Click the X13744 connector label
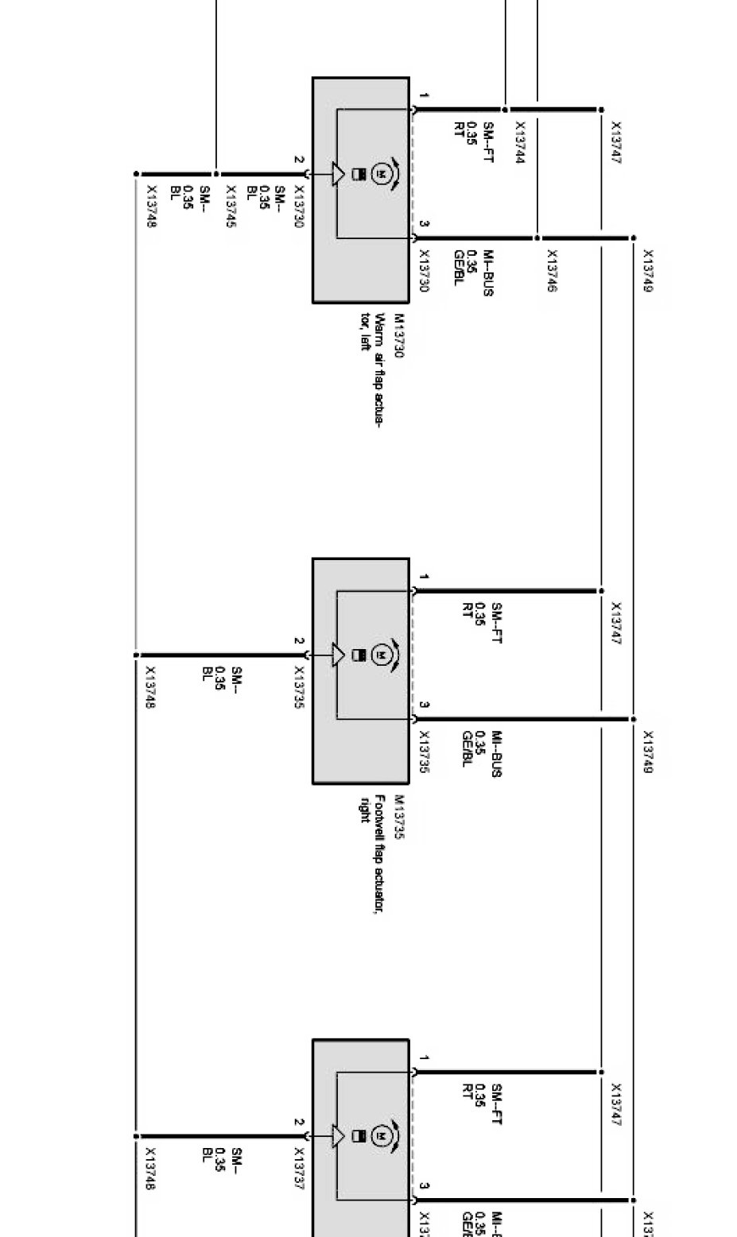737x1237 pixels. click(520, 142)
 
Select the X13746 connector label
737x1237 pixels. click(551, 271)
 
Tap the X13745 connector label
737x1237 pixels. click(231, 207)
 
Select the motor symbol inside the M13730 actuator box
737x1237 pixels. click(381, 173)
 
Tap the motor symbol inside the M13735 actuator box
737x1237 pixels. click(381, 655)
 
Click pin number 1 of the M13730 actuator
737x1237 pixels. click(425, 96)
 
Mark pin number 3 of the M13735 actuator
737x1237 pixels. click(425, 705)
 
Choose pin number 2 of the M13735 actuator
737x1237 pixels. click(299, 640)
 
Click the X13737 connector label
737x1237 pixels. click(299, 1168)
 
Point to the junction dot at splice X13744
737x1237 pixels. click(505, 110)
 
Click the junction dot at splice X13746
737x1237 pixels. click(537, 238)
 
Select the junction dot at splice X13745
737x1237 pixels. click(216, 174)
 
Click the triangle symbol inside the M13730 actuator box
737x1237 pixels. click(339, 174)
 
